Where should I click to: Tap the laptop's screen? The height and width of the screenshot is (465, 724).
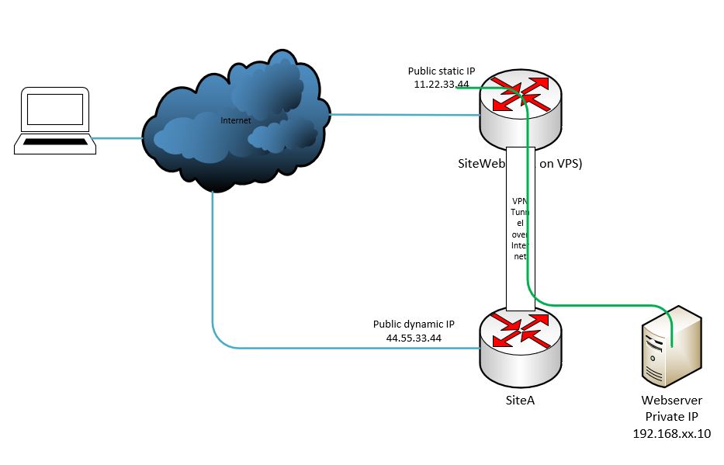(x=54, y=110)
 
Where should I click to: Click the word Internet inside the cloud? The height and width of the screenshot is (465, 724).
(x=236, y=120)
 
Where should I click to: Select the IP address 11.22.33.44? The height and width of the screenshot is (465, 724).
(x=442, y=84)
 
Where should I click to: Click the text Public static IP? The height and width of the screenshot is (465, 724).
(x=442, y=71)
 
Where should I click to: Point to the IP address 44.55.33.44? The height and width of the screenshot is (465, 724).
(x=414, y=338)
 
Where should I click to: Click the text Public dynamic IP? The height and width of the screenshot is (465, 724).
(x=414, y=324)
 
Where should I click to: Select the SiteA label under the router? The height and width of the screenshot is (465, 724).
(x=520, y=401)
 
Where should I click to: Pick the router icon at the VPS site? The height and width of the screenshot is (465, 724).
(x=521, y=109)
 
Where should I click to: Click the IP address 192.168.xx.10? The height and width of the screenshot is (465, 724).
(x=672, y=433)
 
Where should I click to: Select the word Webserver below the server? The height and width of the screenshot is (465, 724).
(x=672, y=401)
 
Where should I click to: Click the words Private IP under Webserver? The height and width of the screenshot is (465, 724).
(x=672, y=417)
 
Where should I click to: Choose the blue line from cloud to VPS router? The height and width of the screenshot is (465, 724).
(x=404, y=116)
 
